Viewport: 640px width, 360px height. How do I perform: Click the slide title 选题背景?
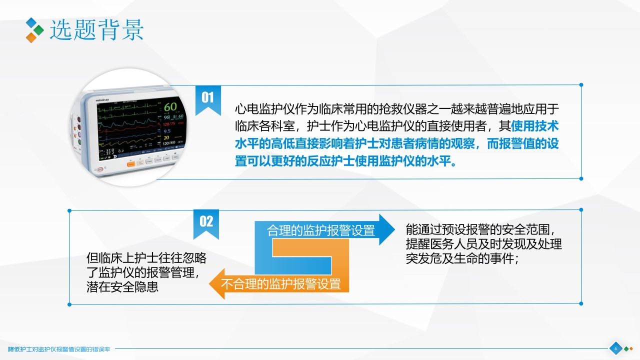pyautogui.click(x=96, y=30)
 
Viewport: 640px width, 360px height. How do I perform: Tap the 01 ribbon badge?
pyautogui.click(x=207, y=98)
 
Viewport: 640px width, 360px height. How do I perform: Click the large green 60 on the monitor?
pyautogui.click(x=170, y=107)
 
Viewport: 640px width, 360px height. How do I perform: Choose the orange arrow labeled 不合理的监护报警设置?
pyautogui.click(x=280, y=284)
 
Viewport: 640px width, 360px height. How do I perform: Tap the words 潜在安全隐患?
pyautogui.click(x=122, y=287)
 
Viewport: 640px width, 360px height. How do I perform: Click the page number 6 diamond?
pyautogui.click(x=615, y=348)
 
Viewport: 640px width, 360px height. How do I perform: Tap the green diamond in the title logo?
pyautogui.click(x=39, y=30)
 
